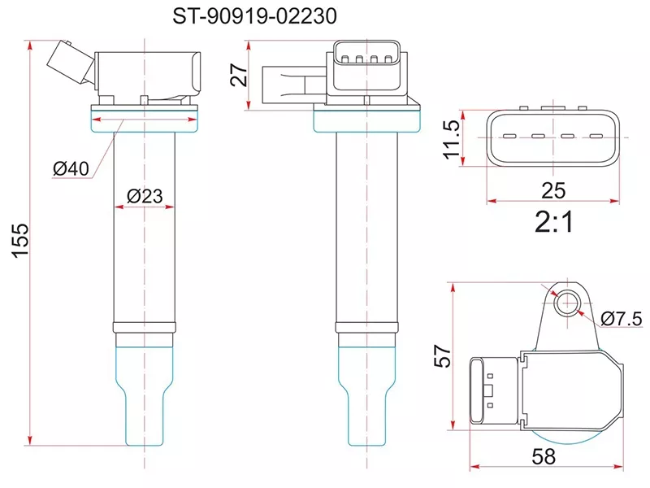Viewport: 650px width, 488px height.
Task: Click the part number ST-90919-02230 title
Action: click(x=254, y=16)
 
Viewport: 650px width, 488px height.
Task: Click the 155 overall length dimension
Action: click(x=20, y=241)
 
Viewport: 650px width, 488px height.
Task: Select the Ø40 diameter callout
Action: click(x=71, y=168)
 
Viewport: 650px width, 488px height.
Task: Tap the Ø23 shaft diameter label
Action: click(x=145, y=196)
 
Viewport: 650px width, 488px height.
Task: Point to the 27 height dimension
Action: click(x=239, y=75)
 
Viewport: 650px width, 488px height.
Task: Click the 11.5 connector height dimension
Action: click(x=452, y=139)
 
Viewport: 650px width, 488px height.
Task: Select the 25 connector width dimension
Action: click(x=553, y=190)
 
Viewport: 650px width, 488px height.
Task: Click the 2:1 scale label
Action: click(x=554, y=221)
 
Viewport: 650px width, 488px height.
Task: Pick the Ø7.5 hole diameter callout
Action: click(x=622, y=319)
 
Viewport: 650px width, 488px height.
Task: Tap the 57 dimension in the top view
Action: click(x=442, y=355)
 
